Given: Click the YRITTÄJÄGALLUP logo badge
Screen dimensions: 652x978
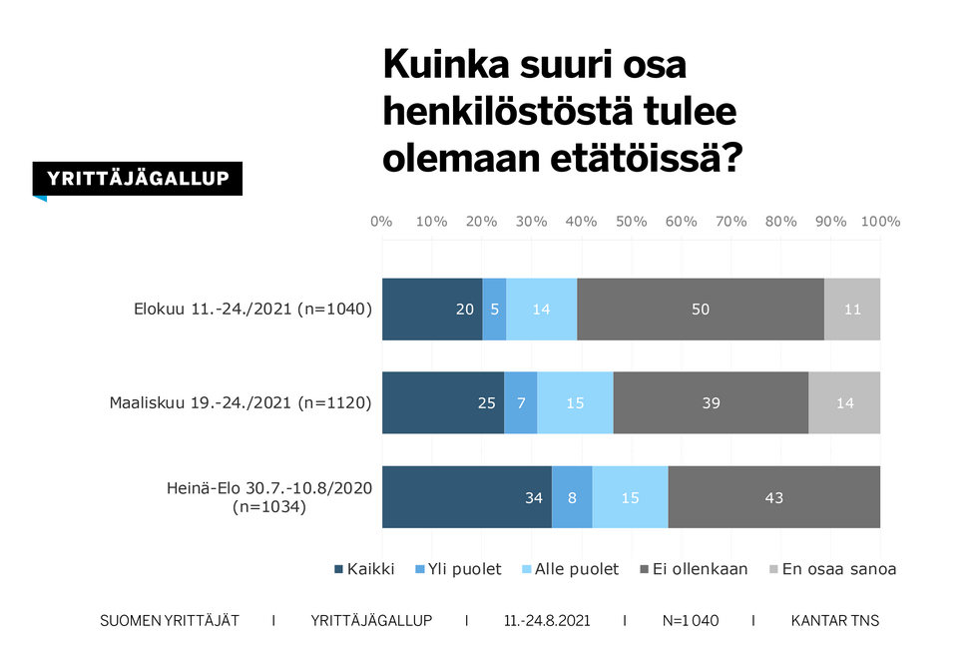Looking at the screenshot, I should (138, 179).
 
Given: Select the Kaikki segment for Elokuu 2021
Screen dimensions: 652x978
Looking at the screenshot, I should (431, 310).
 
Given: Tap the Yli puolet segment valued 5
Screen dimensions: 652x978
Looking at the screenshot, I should (494, 310).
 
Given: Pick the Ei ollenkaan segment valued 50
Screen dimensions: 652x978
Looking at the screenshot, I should (701, 310).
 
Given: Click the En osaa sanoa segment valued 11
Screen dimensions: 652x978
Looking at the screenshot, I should (852, 310).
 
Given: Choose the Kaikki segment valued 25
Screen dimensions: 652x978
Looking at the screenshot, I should (442, 402).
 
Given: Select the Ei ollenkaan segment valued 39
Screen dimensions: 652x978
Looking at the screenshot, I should (711, 402).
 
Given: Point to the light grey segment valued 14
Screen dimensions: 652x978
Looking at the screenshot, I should (844, 402).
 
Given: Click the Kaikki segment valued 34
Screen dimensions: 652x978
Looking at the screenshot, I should (466, 496).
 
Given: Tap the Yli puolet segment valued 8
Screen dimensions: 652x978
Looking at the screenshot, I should (572, 496).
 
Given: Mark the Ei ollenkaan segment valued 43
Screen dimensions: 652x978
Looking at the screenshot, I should (774, 496).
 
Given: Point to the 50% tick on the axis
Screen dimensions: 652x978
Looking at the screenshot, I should (631, 222).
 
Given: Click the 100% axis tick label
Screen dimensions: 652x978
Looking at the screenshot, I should (880, 222).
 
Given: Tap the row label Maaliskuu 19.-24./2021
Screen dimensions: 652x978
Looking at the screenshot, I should (241, 403).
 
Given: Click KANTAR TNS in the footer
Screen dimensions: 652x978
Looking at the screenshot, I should (834, 621).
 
